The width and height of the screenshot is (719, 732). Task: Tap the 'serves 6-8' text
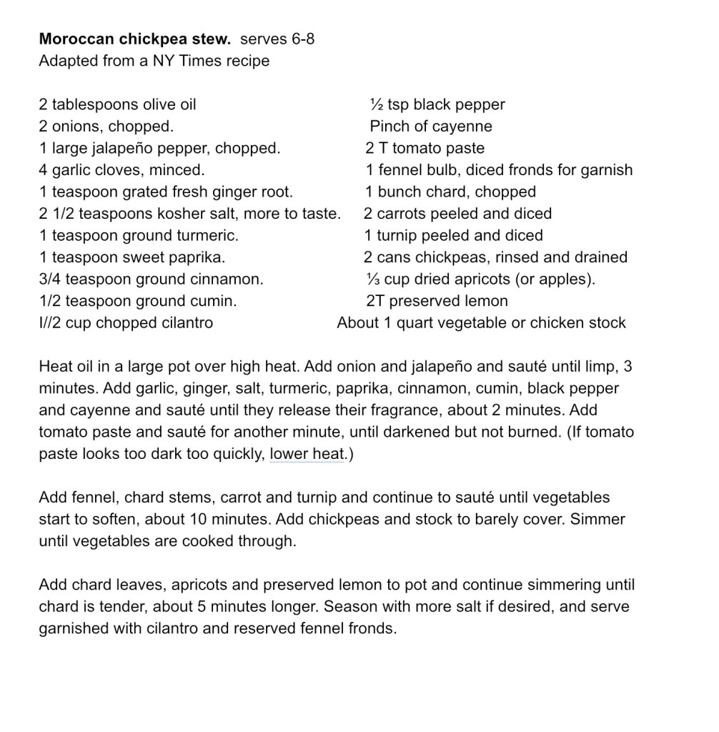tap(277, 39)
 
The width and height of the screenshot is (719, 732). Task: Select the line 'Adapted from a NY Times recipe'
tap(154, 61)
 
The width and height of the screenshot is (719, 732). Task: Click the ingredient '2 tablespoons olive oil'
tap(117, 105)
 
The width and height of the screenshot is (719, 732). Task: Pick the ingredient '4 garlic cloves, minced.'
tap(122, 170)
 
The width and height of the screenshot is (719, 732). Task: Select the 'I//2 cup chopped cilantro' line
tap(126, 323)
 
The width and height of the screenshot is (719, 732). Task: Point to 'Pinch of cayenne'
tap(431, 127)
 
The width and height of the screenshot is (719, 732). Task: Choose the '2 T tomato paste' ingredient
tap(425, 149)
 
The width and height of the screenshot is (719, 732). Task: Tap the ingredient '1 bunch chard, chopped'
tap(450, 192)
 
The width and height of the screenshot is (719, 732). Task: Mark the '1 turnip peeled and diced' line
tap(454, 236)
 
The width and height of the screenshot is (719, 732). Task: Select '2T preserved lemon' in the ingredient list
tap(437, 302)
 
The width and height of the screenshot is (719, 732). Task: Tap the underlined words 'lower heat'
tap(307, 454)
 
